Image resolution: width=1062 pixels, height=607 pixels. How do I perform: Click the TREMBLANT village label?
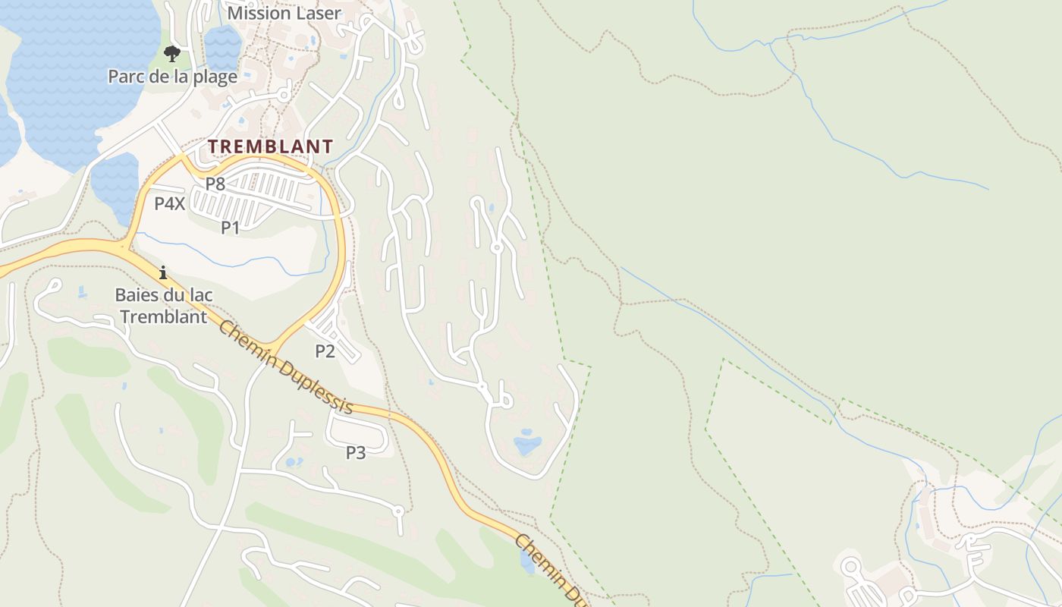[270, 146]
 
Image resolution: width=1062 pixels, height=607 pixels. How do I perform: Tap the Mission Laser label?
[284, 13]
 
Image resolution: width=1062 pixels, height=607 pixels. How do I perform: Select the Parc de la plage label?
[172, 77]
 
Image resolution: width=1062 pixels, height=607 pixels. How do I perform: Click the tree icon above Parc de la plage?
[172, 53]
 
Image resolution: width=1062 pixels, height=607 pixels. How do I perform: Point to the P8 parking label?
[215, 184]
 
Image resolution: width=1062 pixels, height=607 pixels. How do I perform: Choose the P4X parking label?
[169, 203]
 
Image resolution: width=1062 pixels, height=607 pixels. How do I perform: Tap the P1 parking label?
[231, 227]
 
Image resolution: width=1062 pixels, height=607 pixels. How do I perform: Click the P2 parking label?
[325, 351]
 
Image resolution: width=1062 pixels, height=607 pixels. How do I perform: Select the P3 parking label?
[356, 453]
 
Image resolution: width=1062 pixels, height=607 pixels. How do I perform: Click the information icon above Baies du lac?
[162, 272]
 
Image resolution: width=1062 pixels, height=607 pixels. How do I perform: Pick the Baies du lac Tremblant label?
[164, 306]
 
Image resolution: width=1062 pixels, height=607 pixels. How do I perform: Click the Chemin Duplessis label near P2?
[285, 366]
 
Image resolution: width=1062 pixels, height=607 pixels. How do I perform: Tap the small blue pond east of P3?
[527, 443]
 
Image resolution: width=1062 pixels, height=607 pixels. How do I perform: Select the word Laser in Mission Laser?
[319, 13]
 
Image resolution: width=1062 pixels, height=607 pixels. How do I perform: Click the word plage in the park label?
[216, 77]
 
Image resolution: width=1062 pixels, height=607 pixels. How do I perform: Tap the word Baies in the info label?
[136, 294]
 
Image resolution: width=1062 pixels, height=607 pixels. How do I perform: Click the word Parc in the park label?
[124, 77]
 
